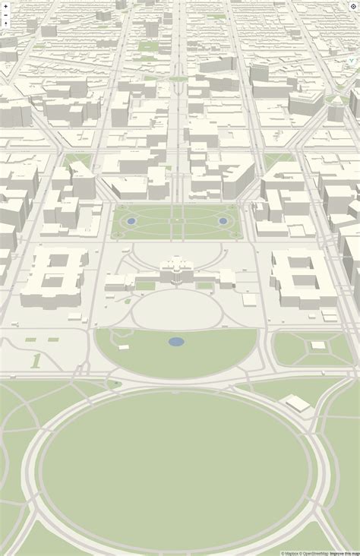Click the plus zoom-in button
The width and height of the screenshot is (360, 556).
(x=6, y=5)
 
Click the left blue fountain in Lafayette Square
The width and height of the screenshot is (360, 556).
(x=131, y=221)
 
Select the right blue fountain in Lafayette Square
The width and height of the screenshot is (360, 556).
(x=223, y=221)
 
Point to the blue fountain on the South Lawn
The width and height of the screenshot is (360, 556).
(x=176, y=342)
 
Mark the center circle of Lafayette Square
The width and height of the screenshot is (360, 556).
(x=177, y=221)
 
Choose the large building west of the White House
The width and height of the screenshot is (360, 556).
(x=55, y=277)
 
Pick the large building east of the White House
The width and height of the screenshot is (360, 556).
(x=302, y=277)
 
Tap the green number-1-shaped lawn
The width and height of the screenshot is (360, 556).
(x=36, y=360)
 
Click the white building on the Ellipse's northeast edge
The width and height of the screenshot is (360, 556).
(x=297, y=403)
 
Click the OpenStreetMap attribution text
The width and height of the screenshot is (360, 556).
(x=314, y=553)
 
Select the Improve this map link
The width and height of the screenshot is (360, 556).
(x=344, y=553)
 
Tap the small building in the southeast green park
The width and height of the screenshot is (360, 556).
(x=318, y=346)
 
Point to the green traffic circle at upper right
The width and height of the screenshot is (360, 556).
(x=337, y=100)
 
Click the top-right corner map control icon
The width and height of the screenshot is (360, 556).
(x=353, y=6)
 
